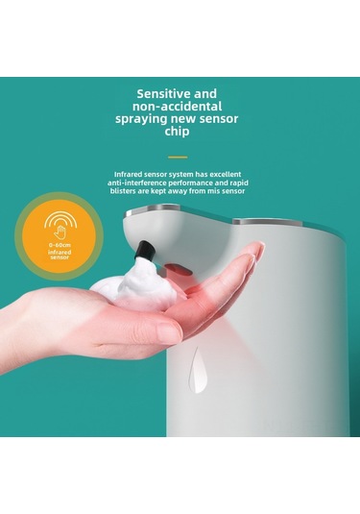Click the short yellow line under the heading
(178, 157)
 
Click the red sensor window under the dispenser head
(178, 261)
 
